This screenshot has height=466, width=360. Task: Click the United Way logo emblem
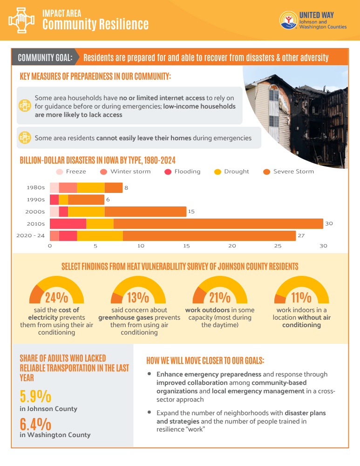click(x=288, y=20)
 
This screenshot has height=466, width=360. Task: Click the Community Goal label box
click(x=45, y=58)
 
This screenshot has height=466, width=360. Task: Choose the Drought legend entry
click(x=231, y=171)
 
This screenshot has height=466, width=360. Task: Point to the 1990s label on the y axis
click(x=36, y=199)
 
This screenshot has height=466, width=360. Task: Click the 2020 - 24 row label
click(x=31, y=236)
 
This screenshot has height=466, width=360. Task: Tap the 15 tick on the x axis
click(x=186, y=246)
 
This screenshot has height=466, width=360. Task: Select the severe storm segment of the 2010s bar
click(x=218, y=224)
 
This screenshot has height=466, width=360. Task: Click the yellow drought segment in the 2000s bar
click(x=86, y=212)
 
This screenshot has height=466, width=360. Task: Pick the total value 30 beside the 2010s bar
click(x=329, y=224)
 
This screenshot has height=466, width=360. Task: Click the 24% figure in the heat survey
click(x=56, y=297)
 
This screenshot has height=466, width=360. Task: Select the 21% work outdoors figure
click(x=220, y=297)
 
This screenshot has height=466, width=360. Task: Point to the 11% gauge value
click(x=301, y=297)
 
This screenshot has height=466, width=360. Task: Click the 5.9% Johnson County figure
click(x=35, y=396)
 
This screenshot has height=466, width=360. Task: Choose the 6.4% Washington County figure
click(x=35, y=424)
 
